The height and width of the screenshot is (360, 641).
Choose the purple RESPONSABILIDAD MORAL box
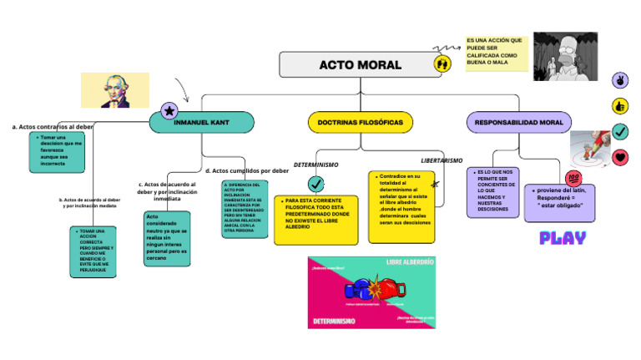(x=518, y=122)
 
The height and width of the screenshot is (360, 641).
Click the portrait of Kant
(x=114, y=90)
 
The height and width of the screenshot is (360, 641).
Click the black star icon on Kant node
(x=169, y=111)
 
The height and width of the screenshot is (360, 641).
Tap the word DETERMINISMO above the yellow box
(x=315, y=165)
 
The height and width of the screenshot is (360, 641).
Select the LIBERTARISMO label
(x=441, y=160)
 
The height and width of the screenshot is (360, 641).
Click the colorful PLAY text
(x=563, y=238)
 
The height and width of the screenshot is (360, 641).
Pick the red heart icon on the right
(x=620, y=157)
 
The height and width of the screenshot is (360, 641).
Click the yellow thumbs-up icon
(x=620, y=106)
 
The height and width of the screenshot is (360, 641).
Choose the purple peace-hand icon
(x=620, y=80)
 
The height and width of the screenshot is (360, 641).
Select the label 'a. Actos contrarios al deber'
(x=53, y=127)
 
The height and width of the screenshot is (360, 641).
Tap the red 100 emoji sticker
(x=573, y=179)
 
